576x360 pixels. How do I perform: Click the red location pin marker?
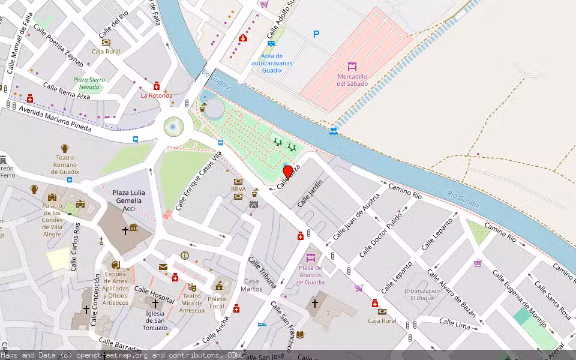(x=288, y=172)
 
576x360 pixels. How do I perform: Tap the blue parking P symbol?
(x=316, y=35)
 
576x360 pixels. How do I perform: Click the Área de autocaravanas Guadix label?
(x=272, y=63)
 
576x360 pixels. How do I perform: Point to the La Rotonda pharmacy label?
(x=157, y=95)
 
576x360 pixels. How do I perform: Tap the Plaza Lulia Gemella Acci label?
(x=129, y=200)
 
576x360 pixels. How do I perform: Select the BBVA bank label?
(x=238, y=189)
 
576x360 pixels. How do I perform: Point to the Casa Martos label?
(x=253, y=285)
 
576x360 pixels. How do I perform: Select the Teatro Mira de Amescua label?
(x=191, y=302)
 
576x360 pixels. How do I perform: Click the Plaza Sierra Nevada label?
(x=89, y=83)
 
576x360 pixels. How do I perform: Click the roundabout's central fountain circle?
(x=173, y=127)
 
